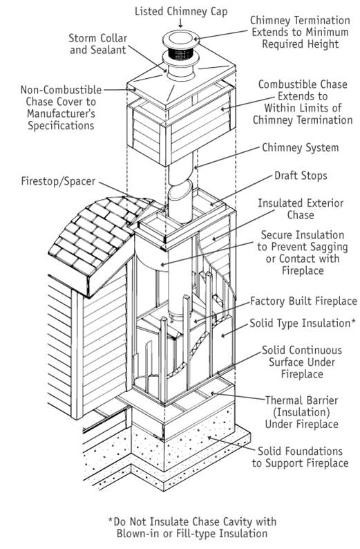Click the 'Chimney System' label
pyautogui.click(x=299, y=147)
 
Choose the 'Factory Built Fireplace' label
pyautogui.click(x=303, y=301)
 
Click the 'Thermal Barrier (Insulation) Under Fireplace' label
pyautogui.click(x=301, y=412)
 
